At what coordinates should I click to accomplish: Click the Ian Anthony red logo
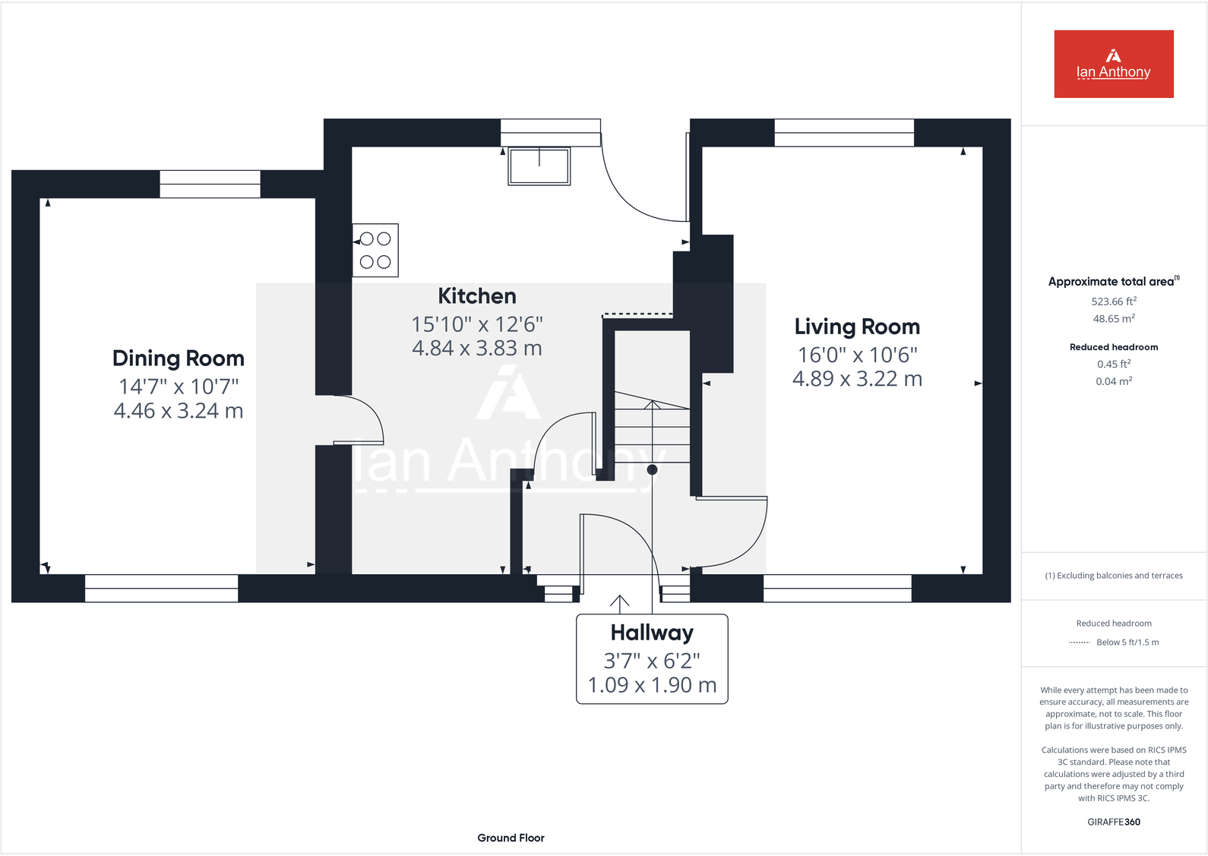coord(1113,64)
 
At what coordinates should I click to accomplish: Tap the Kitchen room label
coord(476,296)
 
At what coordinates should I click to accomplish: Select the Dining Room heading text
coord(179,359)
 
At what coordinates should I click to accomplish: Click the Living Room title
coord(857,327)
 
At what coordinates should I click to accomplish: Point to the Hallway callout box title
coord(652,633)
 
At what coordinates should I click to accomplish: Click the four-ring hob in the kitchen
coord(375,250)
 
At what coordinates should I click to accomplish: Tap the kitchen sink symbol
coord(539,166)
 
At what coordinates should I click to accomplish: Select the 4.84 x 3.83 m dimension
coord(476,349)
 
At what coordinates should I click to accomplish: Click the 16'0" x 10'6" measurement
coord(857,355)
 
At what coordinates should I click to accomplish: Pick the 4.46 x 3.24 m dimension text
coord(179,411)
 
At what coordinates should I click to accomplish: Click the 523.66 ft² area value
coord(1113,302)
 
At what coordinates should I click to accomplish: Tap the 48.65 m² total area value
coord(1113,319)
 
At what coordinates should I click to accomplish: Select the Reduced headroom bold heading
coord(1113,347)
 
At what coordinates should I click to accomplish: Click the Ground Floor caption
coord(511,838)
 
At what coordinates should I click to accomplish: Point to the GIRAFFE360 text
coord(1113,822)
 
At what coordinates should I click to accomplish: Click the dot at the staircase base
coord(652,469)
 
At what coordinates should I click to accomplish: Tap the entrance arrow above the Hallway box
coord(620,603)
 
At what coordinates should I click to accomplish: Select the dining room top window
coord(210,185)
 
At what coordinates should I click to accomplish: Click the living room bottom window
coord(837,589)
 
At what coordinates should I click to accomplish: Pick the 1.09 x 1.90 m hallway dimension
coord(652,685)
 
